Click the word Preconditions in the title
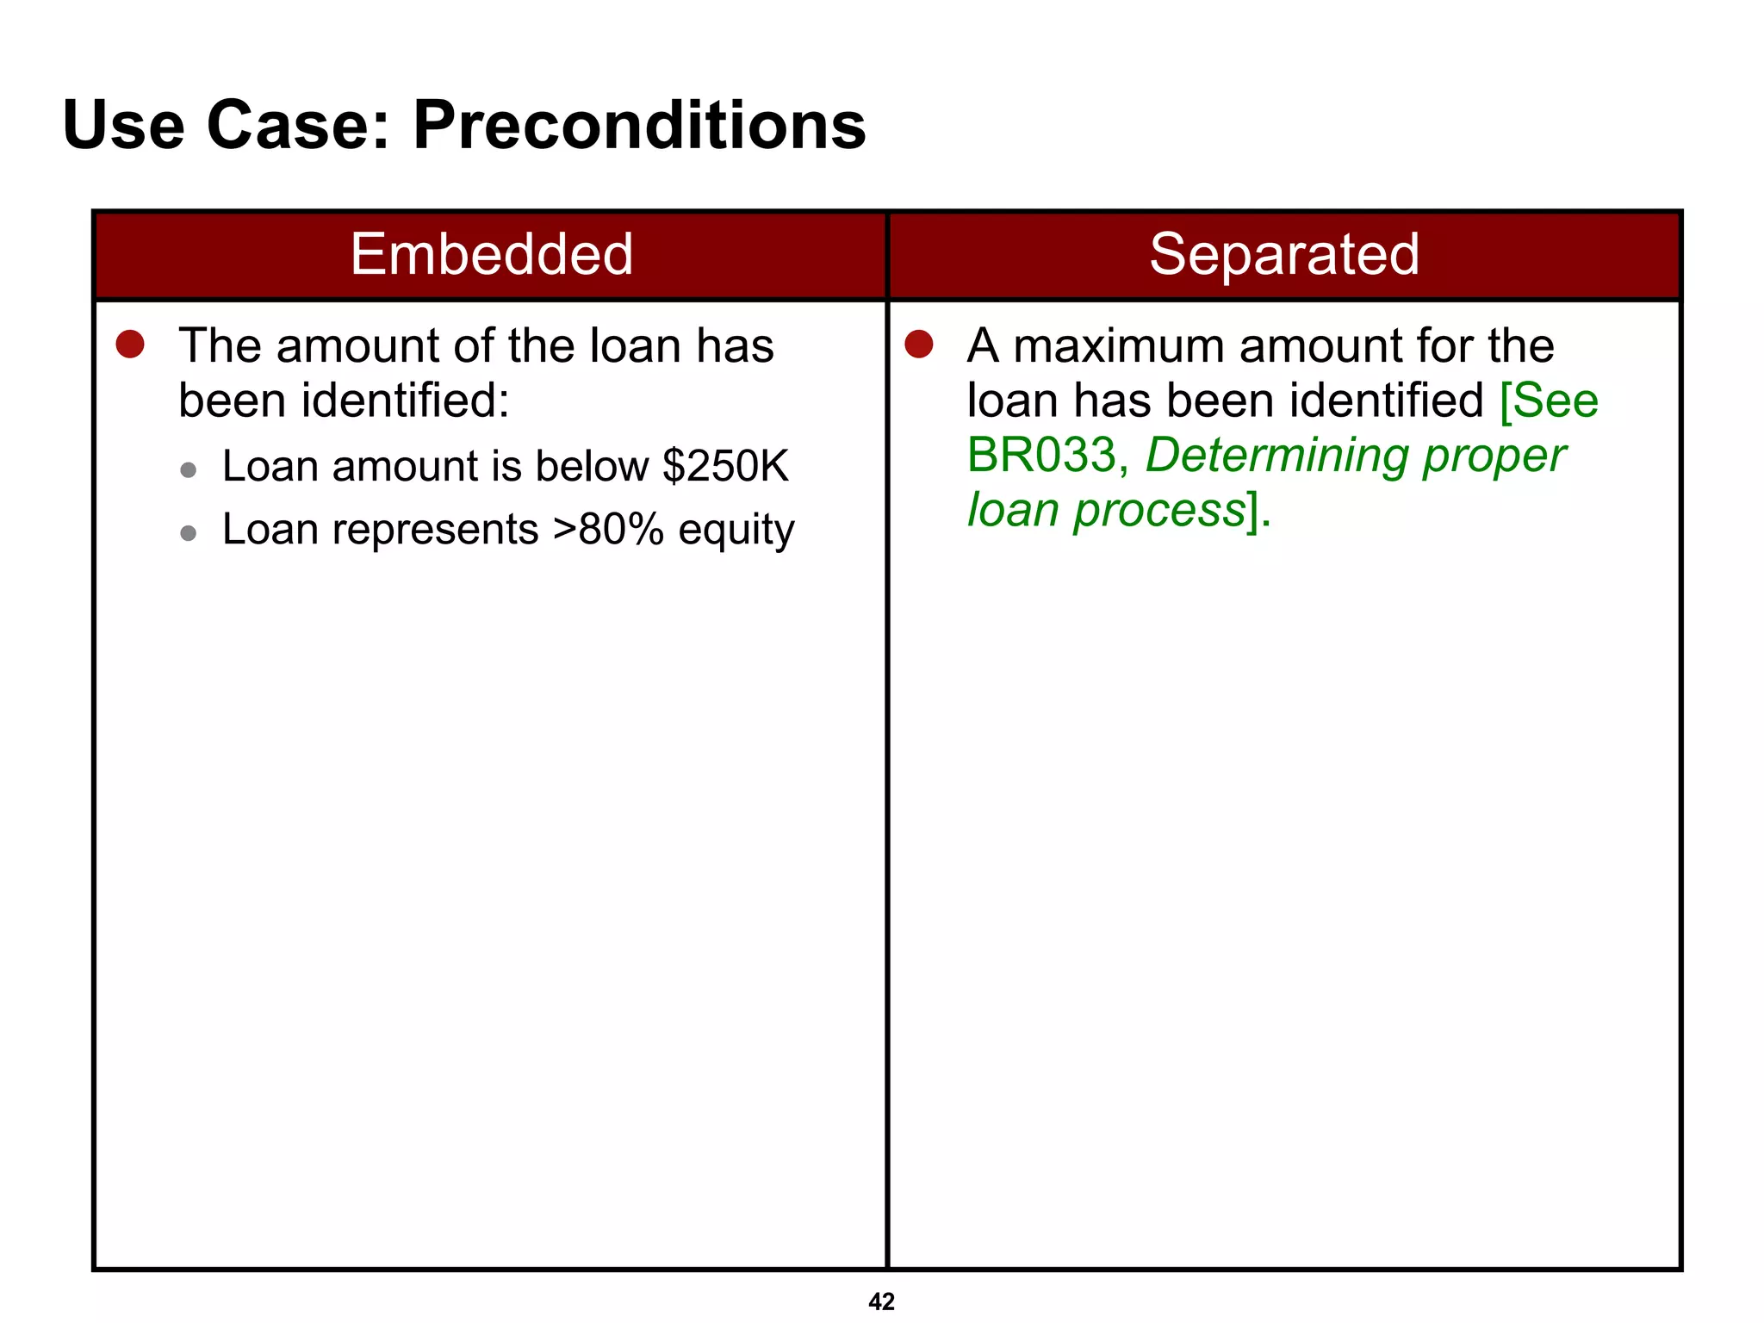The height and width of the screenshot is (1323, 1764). (x=639, y=126)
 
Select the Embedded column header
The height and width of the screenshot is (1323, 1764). (x=491, y=255)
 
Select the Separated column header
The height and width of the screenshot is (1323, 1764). (x=1283, y=255)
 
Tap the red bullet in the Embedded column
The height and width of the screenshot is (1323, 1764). (x=130, y=345)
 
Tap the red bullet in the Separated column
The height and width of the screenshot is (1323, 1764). (x=919, y=345)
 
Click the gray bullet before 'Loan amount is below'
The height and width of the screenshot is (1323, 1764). (x=189, y=470)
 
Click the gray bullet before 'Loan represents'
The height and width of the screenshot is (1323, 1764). (x=189, y=534)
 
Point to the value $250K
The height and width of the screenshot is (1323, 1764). (x=725, y=467)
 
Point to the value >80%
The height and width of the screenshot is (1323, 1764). (x=607, y=530)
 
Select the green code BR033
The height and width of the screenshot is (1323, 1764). (x=1041, y=455)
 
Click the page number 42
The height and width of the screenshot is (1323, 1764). (x=881, y=1301)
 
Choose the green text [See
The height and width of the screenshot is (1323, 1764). (x=1548, y=401)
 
